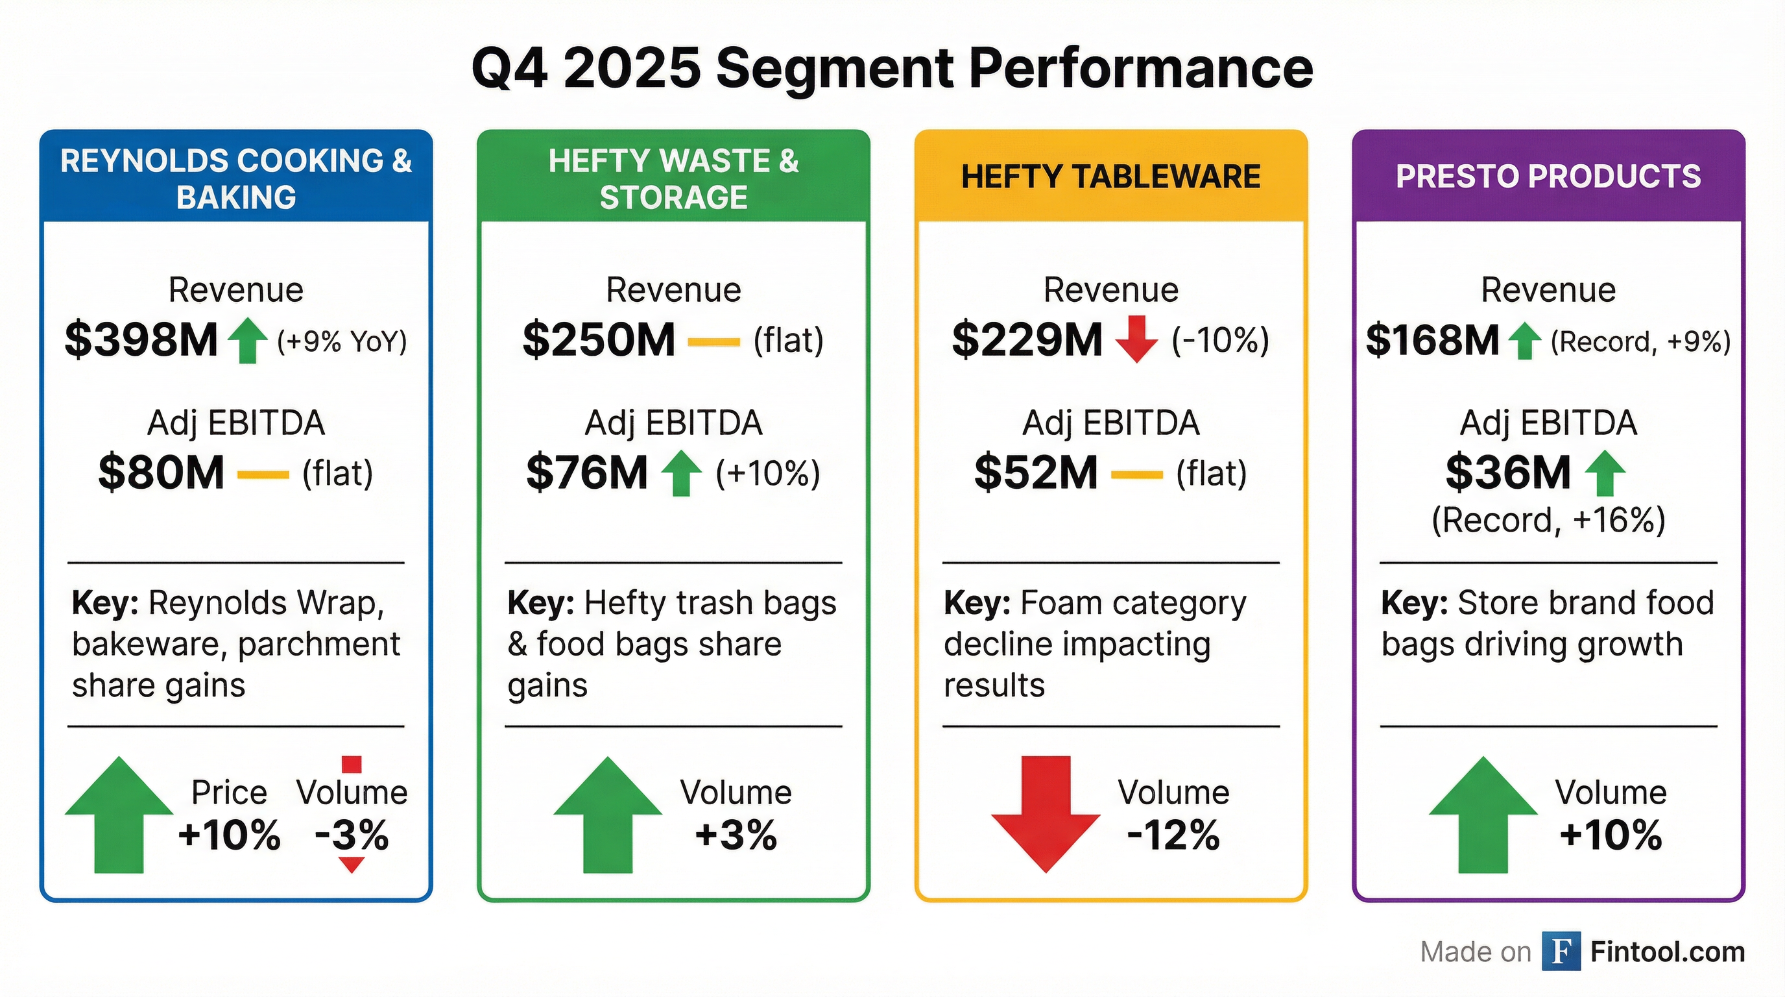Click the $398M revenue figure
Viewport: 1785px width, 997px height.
[141, 339]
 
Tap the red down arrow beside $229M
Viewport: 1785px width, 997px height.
[1136, 339]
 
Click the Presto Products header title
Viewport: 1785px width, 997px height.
[1548, 176]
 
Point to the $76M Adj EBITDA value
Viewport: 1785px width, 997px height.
[586, 473]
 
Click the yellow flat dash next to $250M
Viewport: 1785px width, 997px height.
[713, 342]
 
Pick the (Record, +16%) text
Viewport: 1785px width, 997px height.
[1548, 520]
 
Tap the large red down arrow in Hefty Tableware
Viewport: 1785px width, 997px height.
[1046, 813]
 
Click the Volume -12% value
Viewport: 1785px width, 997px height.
[1173, 835]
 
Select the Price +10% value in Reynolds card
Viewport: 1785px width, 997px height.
[230, 835]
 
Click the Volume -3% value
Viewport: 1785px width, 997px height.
[352, 835]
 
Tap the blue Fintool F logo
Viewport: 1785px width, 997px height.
[1561, 952]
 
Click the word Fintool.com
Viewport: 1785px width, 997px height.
[1667, 952]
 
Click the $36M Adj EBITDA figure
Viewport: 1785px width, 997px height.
[1507, 473]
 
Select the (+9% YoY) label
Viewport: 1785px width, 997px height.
[342, 342]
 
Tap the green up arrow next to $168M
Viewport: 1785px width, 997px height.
[1524, 341]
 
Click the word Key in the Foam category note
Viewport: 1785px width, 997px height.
[976, 603]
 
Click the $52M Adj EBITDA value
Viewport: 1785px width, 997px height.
[1035, 473]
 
